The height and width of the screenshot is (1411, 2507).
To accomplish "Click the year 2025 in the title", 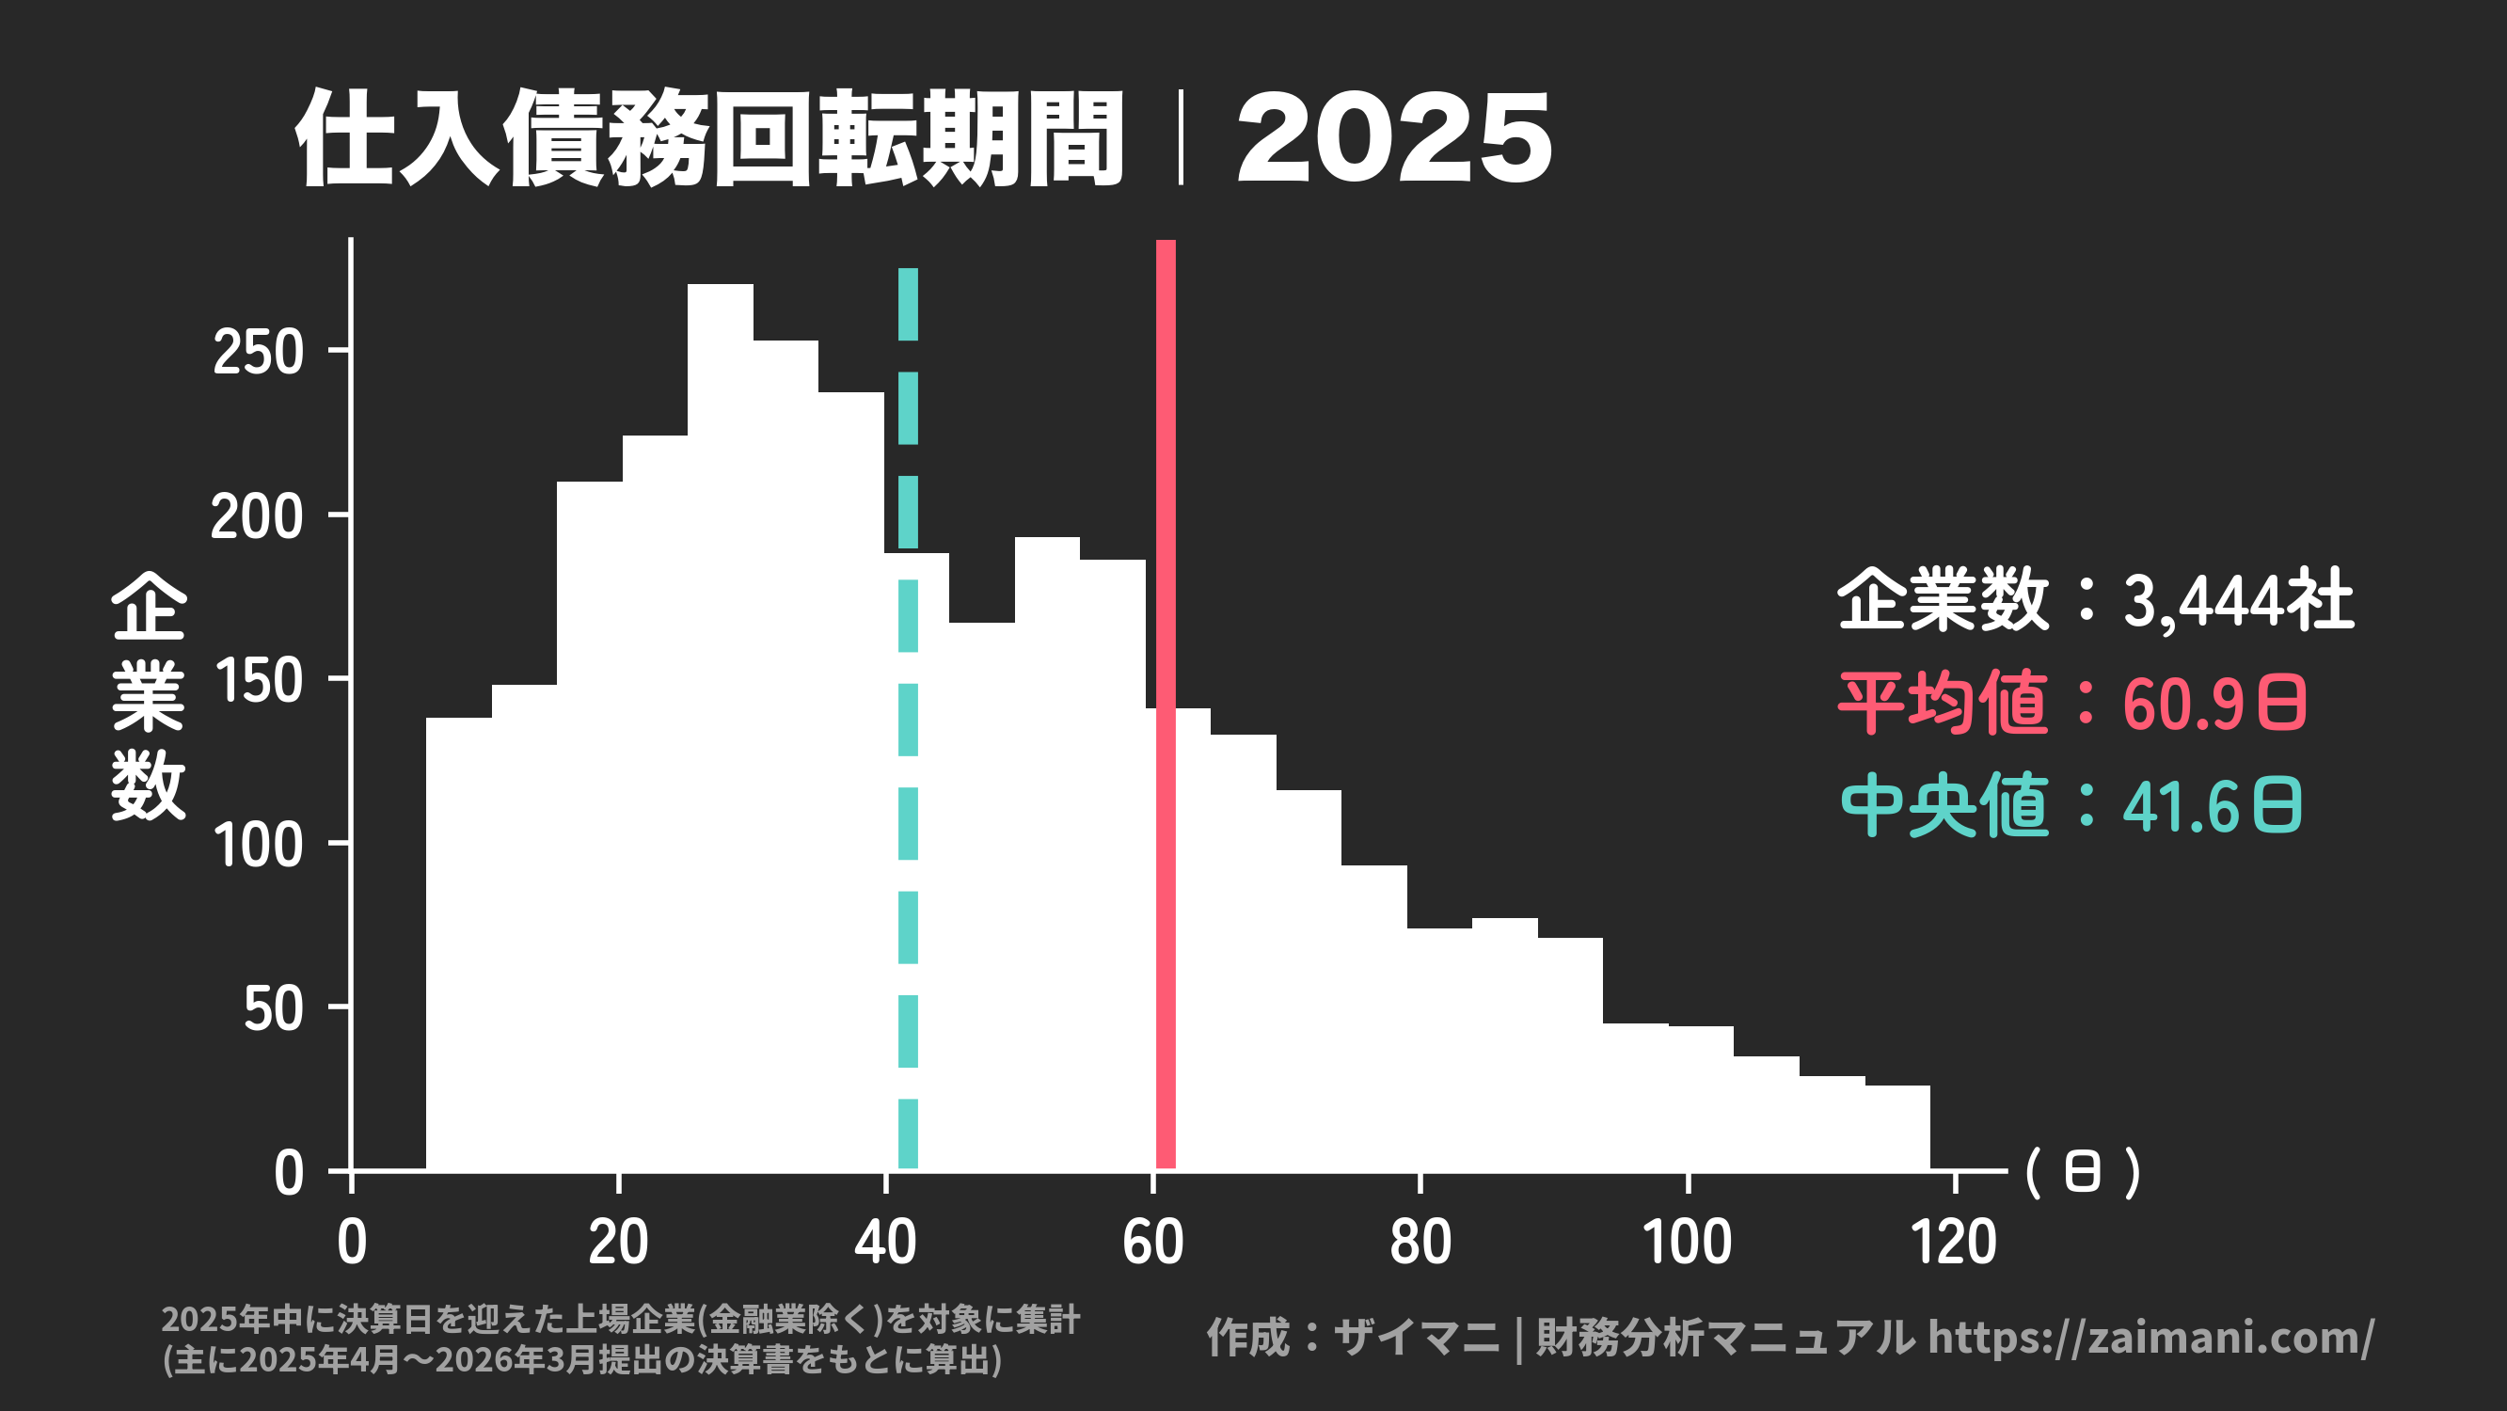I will point(1393,138).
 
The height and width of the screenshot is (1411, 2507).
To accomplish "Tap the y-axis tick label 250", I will point(258,352).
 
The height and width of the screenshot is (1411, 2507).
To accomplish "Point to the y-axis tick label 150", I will point(258,681).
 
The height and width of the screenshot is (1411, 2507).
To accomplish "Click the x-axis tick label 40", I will point(884,1243).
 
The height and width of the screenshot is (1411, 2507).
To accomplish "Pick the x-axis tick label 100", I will point(1687,1243).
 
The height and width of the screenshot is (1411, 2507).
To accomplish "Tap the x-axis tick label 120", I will point(1953,1243).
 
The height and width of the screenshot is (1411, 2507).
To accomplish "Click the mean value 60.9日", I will point(2214,704).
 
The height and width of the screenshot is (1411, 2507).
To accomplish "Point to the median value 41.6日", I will point(2211,807).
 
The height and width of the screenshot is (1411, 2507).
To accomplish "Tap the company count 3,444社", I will point(2237,600).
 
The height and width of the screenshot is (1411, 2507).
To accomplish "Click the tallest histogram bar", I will point(721,730).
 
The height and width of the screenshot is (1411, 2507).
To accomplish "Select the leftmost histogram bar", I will point(458,943).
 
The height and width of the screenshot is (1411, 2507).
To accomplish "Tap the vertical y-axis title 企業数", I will point(148,696).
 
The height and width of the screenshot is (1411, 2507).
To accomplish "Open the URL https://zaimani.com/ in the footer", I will point(2150,1338).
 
